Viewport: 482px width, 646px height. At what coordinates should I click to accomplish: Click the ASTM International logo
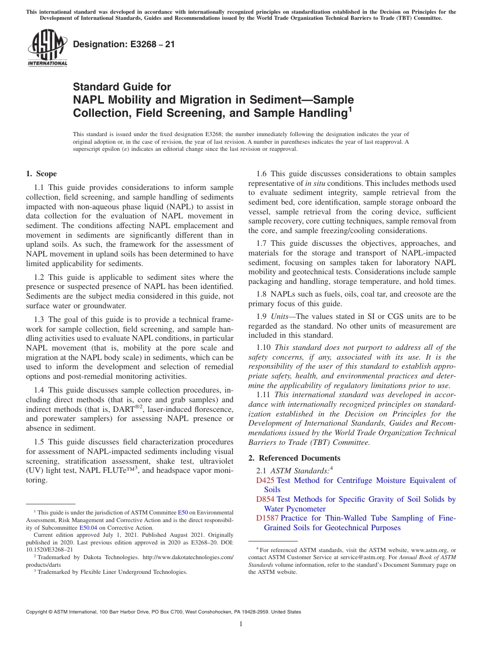pyautogui.click(x=47, y=49)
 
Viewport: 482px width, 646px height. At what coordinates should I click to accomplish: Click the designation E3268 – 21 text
pyautogui.click(x=124, y=44)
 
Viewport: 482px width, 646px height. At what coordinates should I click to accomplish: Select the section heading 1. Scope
pyautogui.click(x=41, y=174)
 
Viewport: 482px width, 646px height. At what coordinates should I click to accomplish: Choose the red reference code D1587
pyautogui.click(x=267, y=518)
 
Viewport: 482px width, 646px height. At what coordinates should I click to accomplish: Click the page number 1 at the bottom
pyautogui.click(x=241, y=624)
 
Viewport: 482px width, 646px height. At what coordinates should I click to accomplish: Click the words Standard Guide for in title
pyautogui.click(x=122, y=87)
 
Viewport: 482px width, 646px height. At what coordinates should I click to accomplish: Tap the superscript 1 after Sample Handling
pyautogui.click(x=349, y=108)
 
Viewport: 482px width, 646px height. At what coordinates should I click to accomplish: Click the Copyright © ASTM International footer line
pyautogui.click(x=163, y=612)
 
